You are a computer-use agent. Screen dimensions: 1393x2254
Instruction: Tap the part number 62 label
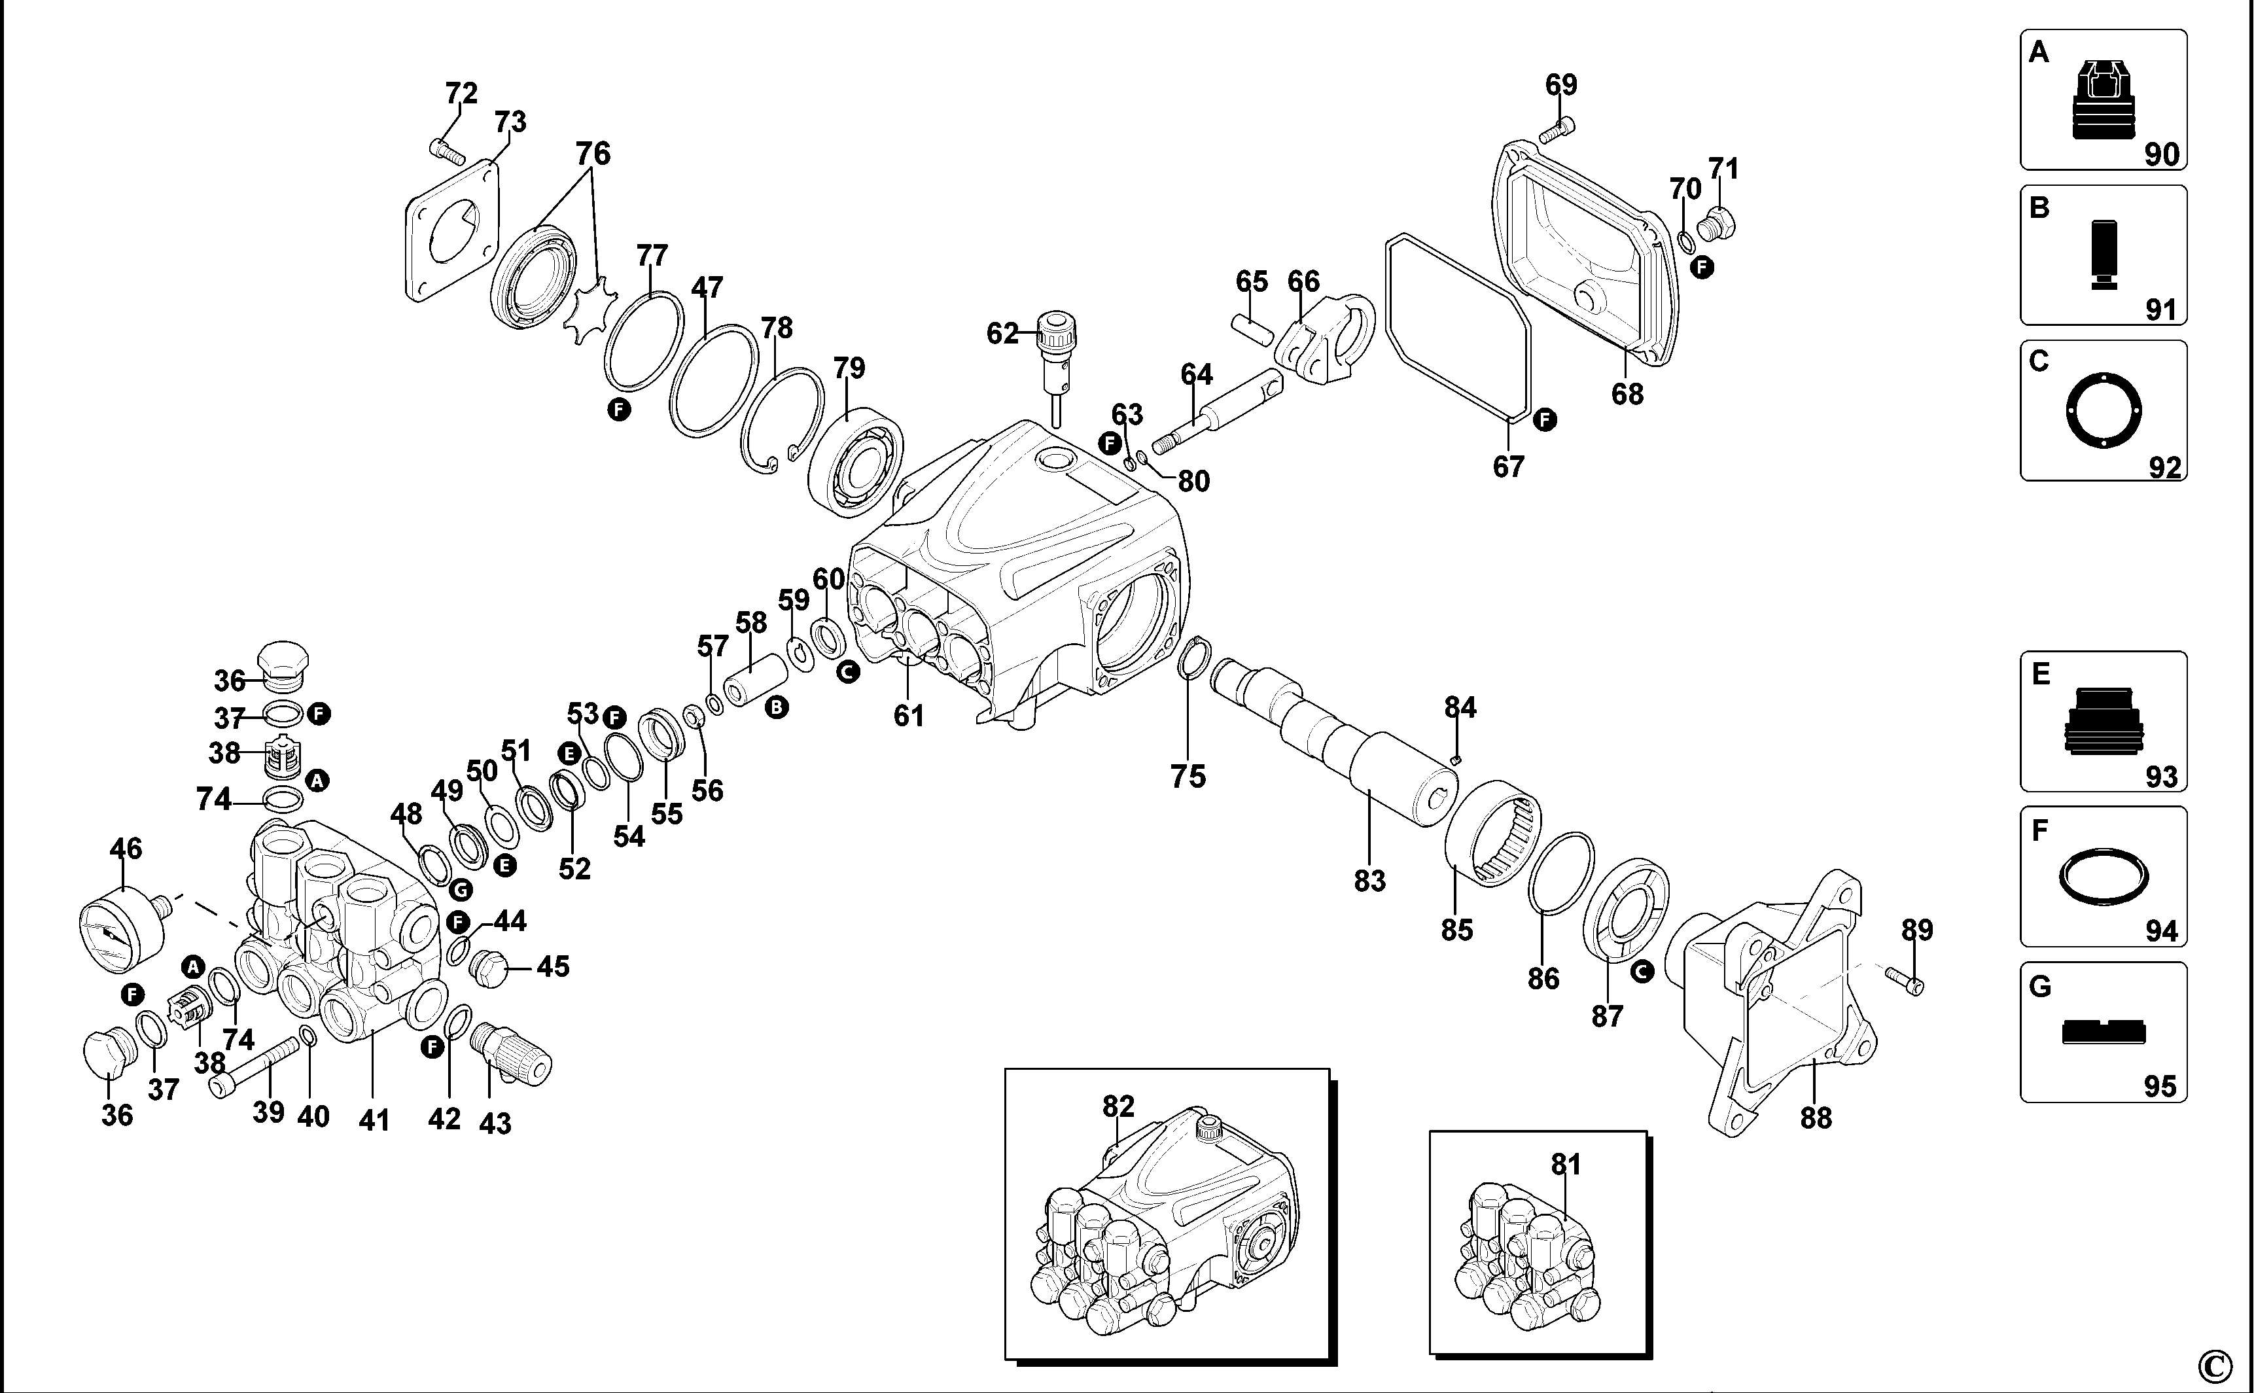(x=1002, y=334)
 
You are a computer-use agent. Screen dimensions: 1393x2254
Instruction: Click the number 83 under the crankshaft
(x=1369, y=881)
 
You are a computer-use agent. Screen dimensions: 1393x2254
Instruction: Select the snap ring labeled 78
(x=782, y=420)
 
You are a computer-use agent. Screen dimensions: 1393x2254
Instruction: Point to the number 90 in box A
(x=2161, y=154)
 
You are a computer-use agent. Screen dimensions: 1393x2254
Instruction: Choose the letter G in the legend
(x=2040, y=987)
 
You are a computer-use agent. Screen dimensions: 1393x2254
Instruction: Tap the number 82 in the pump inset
(x=1118, y=1106)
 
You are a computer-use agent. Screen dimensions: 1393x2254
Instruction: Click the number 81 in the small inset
(x=1566, y=1165)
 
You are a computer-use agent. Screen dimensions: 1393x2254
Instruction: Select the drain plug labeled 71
(x=1719, y=223)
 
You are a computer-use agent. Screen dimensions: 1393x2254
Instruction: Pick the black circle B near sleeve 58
(x=777, y=707)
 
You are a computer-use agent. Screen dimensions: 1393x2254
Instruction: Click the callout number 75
(x=1188, y=776)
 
